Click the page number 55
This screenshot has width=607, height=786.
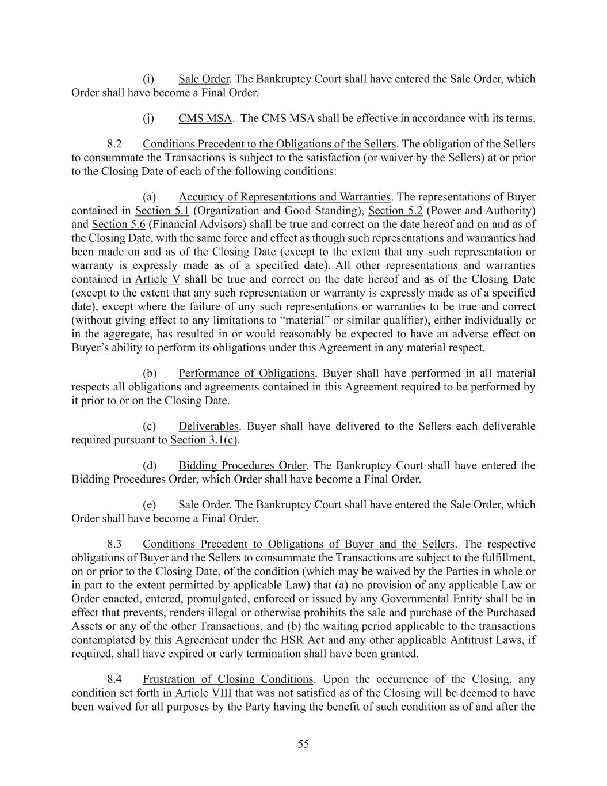click(303, 744)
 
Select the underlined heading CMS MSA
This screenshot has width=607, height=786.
click(205, 119)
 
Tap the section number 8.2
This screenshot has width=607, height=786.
click(114, 144)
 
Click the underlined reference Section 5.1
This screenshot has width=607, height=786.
click(162, 211)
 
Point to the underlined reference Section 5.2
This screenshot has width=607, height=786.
click(395, 211)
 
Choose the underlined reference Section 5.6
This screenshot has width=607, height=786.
click(119, 225)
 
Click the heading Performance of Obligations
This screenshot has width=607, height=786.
click(246, 374)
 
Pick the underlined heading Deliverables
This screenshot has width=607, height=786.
click(208, 427)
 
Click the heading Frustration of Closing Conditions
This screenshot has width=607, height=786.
click(228, 679)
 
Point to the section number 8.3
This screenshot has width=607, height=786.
click(114, 544)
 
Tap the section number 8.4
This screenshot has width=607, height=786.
click(114, 679)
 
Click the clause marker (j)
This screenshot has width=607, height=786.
click(148, 119)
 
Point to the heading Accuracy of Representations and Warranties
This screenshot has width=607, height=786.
click(284, 197)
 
